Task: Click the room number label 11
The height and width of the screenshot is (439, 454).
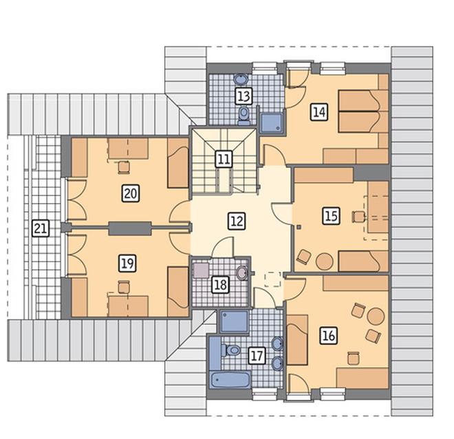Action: [x=224, y=159]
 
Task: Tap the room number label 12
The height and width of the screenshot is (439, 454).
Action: [x=237, y=222]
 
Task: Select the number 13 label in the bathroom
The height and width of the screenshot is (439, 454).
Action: [x=244, y=96]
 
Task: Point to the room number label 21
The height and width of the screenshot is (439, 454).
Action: [x=41, y=228]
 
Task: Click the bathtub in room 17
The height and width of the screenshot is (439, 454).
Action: [x=230, y=380]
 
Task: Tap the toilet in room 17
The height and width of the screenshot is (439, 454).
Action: [x=231, y=350]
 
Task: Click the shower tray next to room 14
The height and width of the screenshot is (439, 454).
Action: [x=271, y=122]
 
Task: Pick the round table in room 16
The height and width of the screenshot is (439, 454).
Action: [x=376, y=316]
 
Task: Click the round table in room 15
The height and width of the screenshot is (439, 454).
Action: [x=324, y=261]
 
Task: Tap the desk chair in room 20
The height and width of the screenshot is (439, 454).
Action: [x=124, y=167]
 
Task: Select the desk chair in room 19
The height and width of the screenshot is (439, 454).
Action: [x=124, y=287]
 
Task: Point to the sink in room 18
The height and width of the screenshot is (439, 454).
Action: [x=243, y=273]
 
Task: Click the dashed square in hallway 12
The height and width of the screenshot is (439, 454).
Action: [x=273, y=279]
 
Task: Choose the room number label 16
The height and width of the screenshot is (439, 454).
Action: [x=329, y=336]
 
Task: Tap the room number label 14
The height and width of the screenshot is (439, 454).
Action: [x=319, y=111]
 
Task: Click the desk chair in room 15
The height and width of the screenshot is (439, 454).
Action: [x=359, y=217]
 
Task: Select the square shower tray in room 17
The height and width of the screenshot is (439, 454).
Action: [x=235, y=322]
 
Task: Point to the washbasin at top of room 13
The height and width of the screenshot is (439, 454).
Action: [x=241, y=78]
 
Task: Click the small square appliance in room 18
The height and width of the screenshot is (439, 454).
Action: [x=201, y=270]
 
